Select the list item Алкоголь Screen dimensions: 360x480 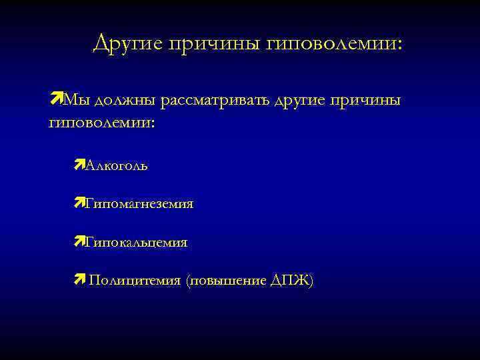pos(117,165)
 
